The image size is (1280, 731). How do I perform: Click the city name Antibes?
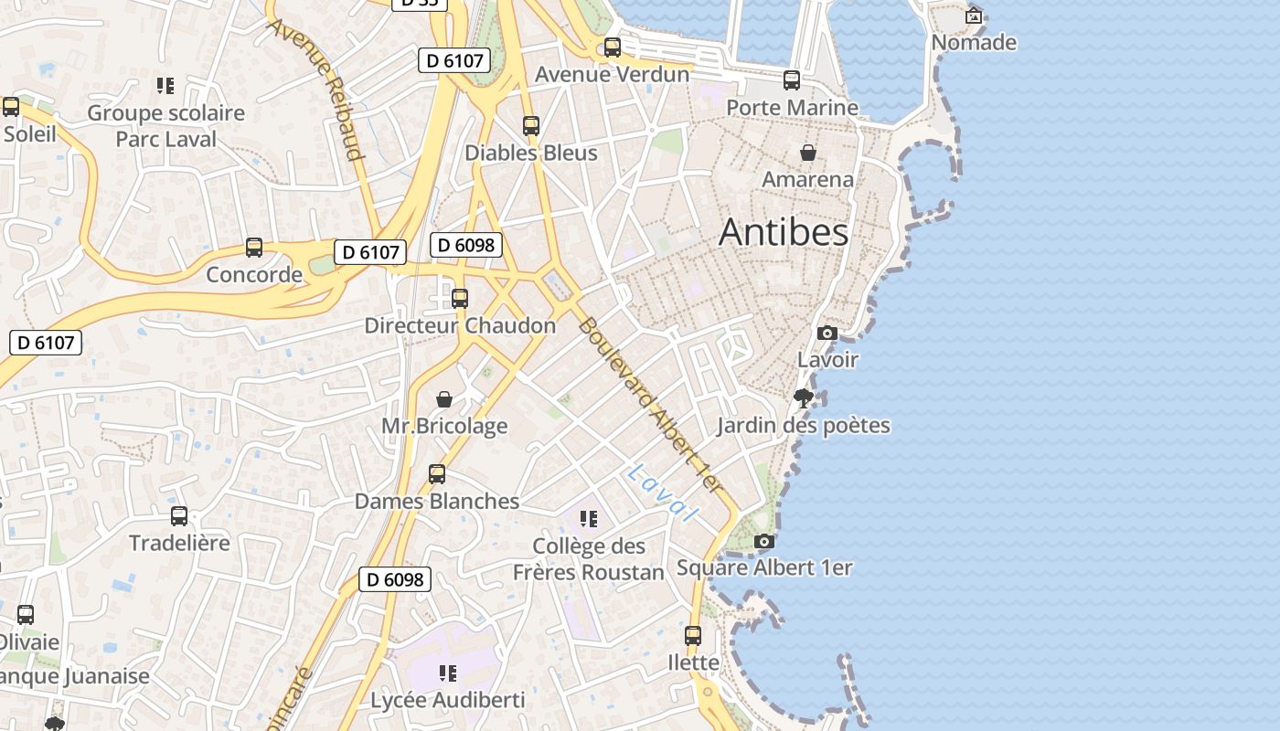784,232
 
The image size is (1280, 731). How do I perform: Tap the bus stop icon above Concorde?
254,248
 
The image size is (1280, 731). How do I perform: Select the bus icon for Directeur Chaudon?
460,298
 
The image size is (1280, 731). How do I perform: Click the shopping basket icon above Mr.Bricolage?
444,399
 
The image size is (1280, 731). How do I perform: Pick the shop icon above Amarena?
808,152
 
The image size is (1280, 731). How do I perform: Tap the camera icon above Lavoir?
827,333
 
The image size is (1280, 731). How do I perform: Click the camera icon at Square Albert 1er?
764,542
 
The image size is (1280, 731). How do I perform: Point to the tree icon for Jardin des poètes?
804,397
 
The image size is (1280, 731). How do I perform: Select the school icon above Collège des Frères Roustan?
589,519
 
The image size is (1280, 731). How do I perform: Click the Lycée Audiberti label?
448,700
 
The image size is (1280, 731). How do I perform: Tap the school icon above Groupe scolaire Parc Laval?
165,86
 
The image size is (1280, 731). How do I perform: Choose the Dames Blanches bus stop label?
437,501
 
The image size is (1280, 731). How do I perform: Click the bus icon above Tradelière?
179,516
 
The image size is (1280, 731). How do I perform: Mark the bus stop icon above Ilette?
693,635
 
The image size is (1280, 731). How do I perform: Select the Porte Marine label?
792,107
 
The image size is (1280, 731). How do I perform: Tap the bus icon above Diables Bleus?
531,126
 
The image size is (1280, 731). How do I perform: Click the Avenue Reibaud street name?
315,87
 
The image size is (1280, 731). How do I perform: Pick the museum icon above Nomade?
974,16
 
